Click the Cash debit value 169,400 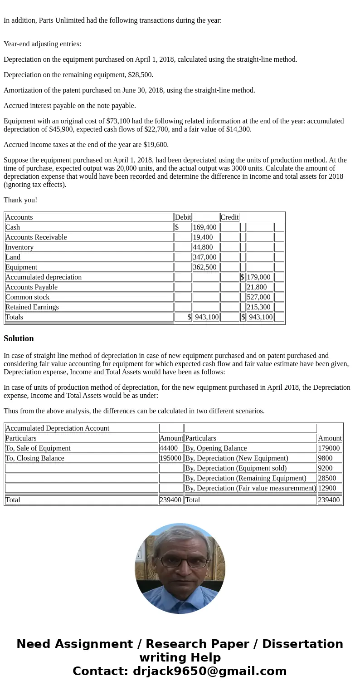pos(205,227)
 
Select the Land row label pos(13,257)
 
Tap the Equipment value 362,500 pos(205,267)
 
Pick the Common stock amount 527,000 pos(258,297)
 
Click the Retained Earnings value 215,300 pos(258,307)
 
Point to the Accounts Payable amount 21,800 pos(257,287)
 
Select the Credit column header pos(229,217)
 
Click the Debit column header pos(183,217)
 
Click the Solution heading pos(19,338)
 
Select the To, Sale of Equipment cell pos(38,448)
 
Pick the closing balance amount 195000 pos(170,458)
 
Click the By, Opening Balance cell pos(216,448)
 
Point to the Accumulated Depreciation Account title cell pos(57,428)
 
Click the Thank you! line pos(20,200)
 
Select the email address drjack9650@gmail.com pos(209,671)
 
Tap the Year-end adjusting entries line pos(42,44)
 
